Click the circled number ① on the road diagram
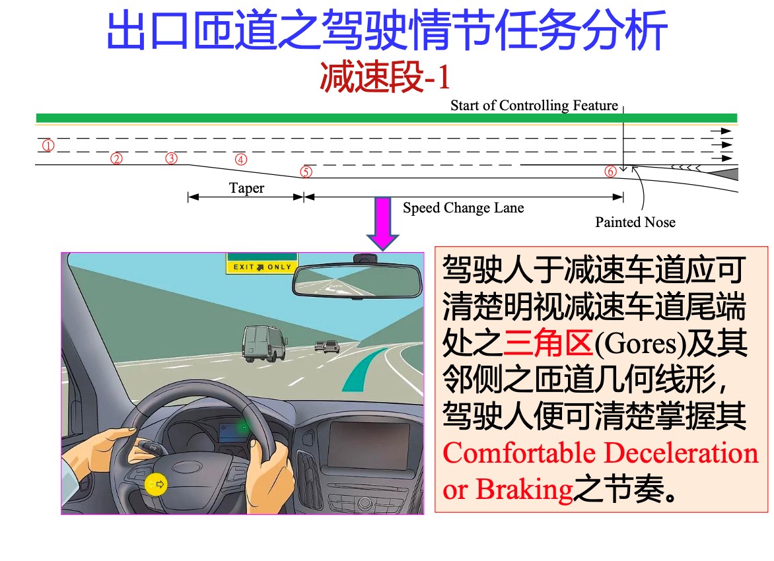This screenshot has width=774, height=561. pyautogui.click(x=48, y=146)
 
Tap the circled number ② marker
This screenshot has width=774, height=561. pyautogui.click(x=116, y=158)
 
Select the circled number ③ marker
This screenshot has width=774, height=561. pyautogui.click(x=171, y=158)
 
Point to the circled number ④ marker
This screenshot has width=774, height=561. pyautogui.click(x=241, y=159)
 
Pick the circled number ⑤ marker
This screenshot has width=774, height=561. pyautogui.click(x=306, y=172)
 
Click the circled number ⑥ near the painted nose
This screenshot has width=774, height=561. pyautogui.click(x=611, y=171)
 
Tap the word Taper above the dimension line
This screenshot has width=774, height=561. pyautogui.click(x=246, y=188)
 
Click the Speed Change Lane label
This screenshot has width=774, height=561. pyautogui.click(x=463, y=208)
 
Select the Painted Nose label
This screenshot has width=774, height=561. pyautogui.click(x=635, y=222)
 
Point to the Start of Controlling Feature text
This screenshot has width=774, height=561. pyautogui.click(x=534, y=106)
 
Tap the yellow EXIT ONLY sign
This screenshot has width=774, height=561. pyautogui.click(x=262, y=267)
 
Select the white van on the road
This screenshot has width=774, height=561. pyautogui.click(x=265, y=343)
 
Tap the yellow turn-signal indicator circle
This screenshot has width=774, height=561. pyautogui.click(x=156, y=484)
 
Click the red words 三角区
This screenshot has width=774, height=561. pyautogui.click(x=548, y=343)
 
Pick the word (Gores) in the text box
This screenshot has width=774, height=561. pyautogui.click(x=640, y=345)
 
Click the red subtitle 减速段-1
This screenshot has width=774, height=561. pyautogui.click(x=385, y=77)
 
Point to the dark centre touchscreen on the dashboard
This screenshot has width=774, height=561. pyautogui.click(x=369, y=445)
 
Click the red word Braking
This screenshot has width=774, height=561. pyautogui.click(x=524, y=490)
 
